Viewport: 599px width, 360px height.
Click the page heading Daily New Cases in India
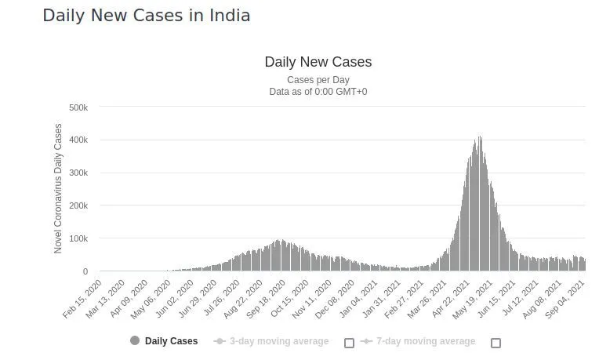147,16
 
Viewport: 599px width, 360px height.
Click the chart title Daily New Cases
318,62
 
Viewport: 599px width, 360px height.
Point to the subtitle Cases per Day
318,80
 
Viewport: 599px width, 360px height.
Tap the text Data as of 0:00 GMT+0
318,92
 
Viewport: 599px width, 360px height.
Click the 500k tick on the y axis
78,107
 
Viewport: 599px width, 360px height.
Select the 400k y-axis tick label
78,140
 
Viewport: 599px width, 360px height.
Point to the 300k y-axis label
78,173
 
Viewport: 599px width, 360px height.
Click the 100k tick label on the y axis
78,238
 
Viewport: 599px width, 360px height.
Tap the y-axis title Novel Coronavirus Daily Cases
58,188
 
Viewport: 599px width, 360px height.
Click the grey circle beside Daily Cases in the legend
135,341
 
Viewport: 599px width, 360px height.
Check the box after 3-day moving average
350,343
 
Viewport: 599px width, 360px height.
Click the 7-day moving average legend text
425,341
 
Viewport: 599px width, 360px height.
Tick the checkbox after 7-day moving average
496,343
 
